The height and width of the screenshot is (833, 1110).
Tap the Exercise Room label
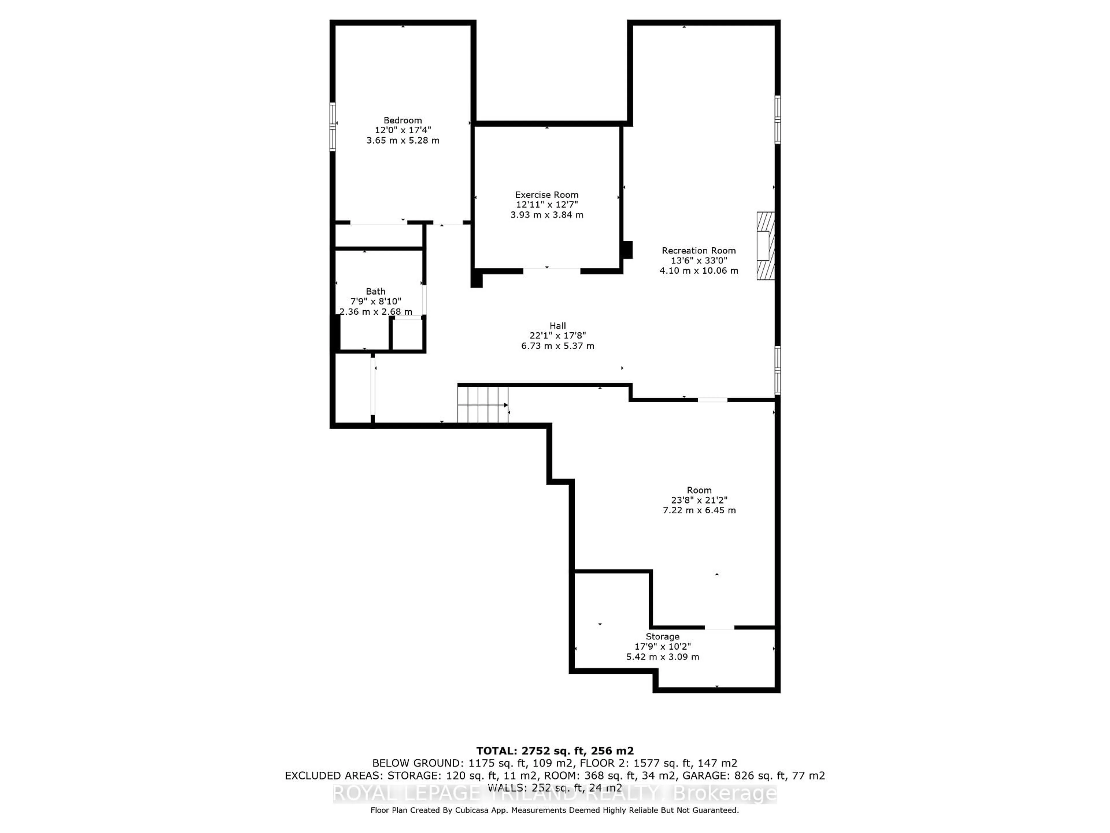pyautogui.click(x=546, y=195)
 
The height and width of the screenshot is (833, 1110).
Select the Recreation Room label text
pyautogui.click(x=698, y=250)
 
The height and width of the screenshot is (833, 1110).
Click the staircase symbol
pyautogui.click(x=482, y=405)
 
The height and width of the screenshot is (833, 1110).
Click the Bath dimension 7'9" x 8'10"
pyautogui.click(x=375, y=301)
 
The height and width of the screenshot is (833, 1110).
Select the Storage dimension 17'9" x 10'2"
pyautogui.click(x=663, y=647)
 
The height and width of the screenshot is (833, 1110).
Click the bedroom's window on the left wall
pyautogui.click(x=332, y=126)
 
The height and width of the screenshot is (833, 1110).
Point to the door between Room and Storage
pyautogui.click(x=719, y=628)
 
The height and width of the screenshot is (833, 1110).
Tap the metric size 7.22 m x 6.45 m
pyautogui.click(x=699, y=510)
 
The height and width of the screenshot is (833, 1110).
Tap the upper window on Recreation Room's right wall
pyautogui.click(x=777, y=119)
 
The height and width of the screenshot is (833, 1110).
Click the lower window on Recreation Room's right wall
pyautogui.click(x=777, y=370)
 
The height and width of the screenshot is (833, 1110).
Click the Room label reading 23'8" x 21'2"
pyautogui.click(x=699, y=500)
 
